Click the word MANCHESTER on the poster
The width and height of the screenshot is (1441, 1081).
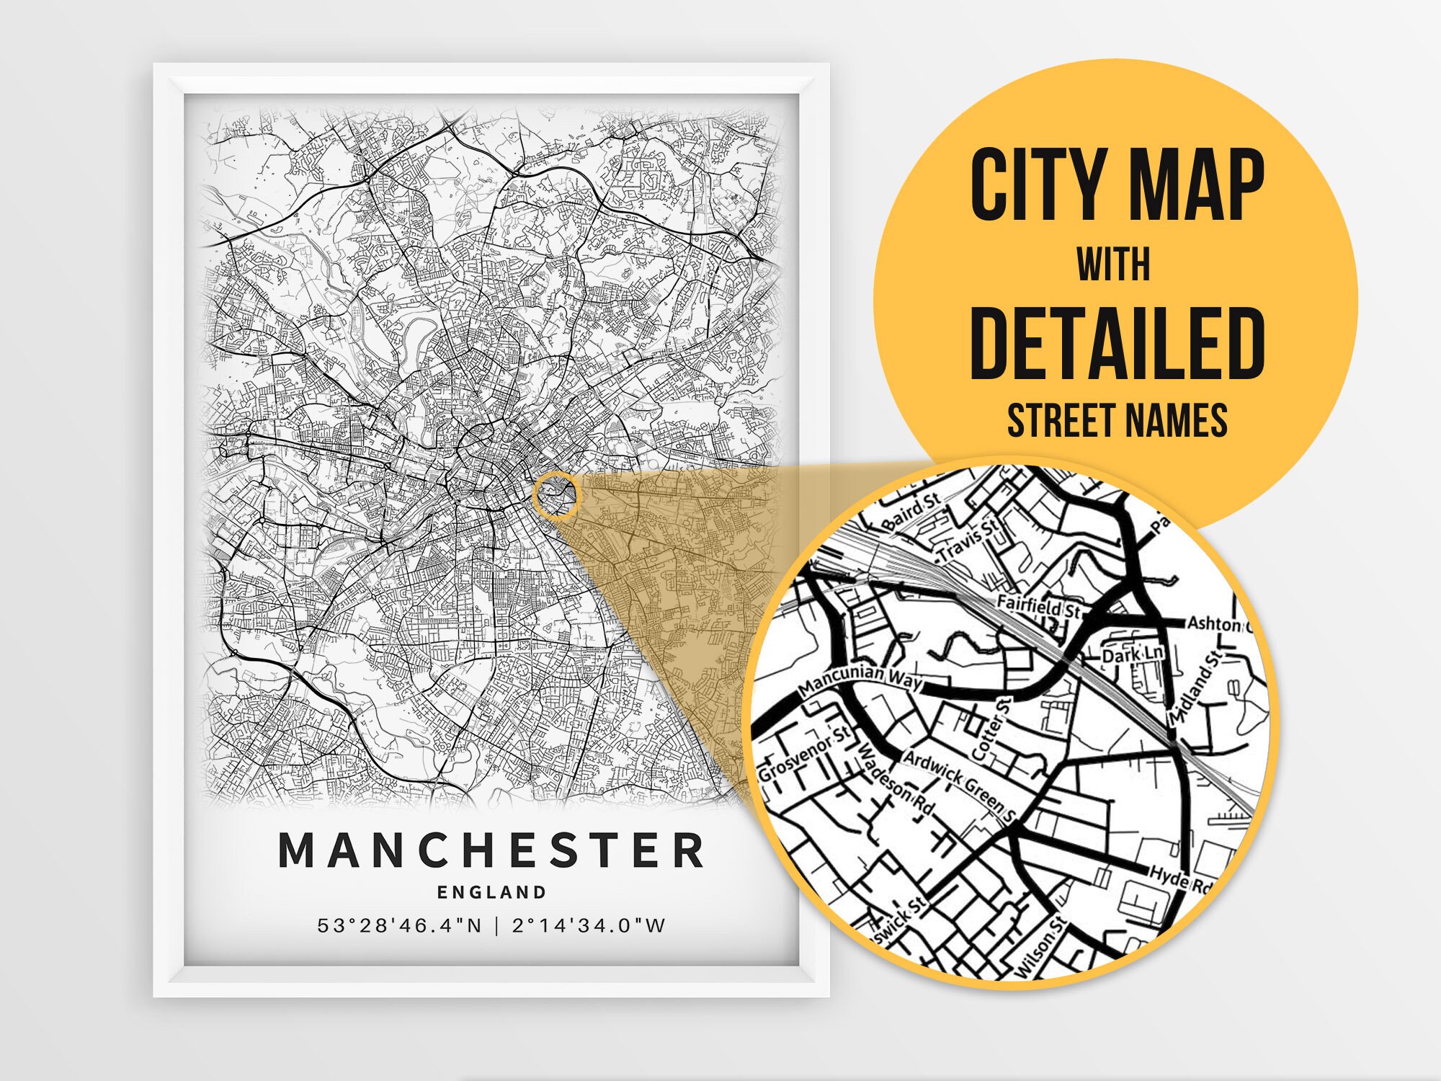[491, 850]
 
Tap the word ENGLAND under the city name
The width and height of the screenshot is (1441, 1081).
[492, 892]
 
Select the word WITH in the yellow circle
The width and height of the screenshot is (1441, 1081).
[1113, 266]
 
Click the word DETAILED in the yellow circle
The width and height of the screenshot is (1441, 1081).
[1117, 344]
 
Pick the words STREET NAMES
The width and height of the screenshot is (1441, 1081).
[1117, 420]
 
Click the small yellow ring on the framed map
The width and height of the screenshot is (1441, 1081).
[556, 495]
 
